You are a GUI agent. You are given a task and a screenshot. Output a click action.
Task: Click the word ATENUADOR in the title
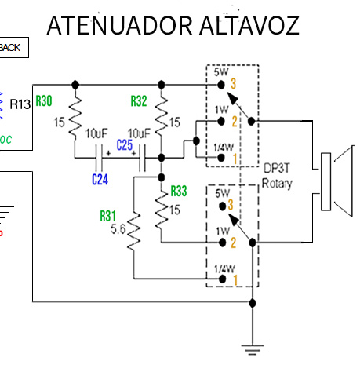click(x=115, y=25)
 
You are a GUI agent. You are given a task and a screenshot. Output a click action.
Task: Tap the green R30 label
click(x=44, y=100)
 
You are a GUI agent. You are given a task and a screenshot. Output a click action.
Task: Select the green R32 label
click(x=139, y=100)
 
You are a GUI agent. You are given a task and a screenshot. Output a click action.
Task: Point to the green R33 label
click(x=179, y=191)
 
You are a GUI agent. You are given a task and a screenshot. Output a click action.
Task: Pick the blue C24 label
click(x=100, y=179)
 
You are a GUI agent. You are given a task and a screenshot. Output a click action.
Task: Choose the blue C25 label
click(x=124, y=145)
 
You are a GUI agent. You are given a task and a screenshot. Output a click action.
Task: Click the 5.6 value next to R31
click(x=119, y=229)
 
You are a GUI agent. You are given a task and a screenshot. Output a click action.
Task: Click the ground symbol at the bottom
click(x=252, y=346)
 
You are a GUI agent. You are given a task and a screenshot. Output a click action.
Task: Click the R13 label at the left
click(x=20, y=103)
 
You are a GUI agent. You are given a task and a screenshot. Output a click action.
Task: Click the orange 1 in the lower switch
click(x=233, y=279)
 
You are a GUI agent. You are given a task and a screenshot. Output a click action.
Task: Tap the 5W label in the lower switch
click(x=221, y=192)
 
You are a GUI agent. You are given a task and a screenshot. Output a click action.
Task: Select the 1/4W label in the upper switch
click(x=224, y=148)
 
